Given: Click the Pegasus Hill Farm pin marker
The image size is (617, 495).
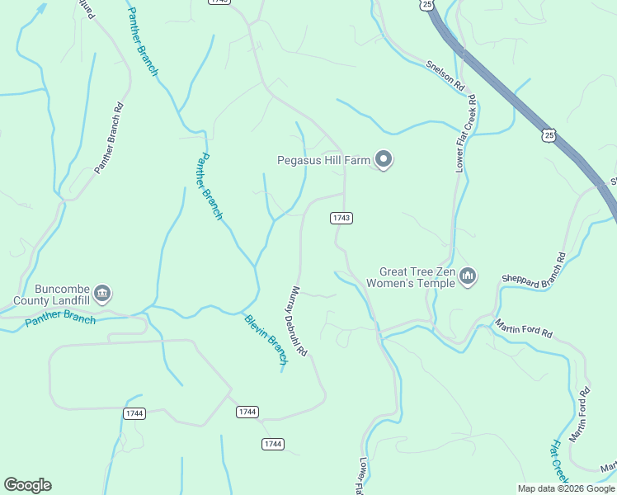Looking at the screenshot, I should point(384,158).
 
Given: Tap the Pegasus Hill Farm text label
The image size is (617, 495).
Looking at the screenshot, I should point(323,160).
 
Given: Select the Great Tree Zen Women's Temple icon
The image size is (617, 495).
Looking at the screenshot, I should point(468,276).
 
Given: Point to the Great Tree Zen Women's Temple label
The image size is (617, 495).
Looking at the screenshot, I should point(417,277).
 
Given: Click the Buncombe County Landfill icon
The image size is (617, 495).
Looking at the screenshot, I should point(102,293).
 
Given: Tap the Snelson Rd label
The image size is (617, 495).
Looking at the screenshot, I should point(446,74).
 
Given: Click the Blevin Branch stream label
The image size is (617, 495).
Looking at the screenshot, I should point(266,339).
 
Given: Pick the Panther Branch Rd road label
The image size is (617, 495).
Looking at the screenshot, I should point(108,138).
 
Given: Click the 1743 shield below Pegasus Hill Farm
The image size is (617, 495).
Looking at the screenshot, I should point(341,218).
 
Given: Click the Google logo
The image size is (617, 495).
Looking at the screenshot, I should point(27,485).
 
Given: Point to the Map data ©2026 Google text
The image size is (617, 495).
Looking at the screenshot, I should point(566,488).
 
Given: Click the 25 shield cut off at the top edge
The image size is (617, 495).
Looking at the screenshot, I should point(426,4).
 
